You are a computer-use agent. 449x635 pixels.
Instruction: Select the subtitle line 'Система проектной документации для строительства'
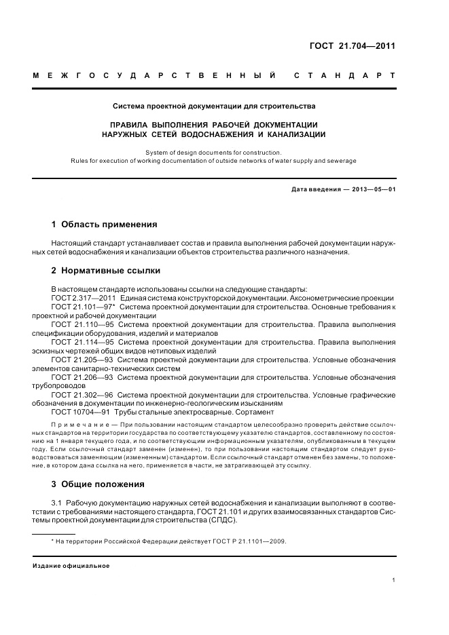click(x=213, y=106)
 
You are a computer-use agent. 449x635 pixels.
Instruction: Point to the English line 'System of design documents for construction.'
click(x=213, y=153)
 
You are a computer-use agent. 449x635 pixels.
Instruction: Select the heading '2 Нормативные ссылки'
click(x=106, y=271)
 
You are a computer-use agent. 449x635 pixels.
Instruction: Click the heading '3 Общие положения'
click(x=98, y=484)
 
